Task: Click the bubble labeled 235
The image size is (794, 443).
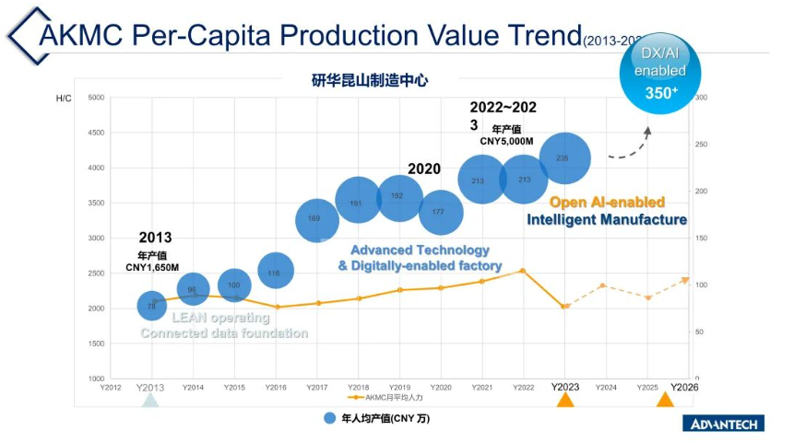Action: [563, 158]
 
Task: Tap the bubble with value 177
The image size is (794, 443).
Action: [440, 212]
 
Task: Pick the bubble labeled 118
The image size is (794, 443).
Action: [275, 271]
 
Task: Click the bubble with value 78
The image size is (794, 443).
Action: [151, 305]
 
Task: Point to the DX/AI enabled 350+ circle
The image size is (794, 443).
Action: [659, 75]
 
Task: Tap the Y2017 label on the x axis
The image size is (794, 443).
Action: [317, 388]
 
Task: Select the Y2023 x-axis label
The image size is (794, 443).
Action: [565, 387]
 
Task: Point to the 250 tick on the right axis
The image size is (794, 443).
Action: [701, 145]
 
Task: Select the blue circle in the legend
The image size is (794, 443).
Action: [329, 418]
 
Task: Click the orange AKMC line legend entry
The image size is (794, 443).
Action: [383, 398]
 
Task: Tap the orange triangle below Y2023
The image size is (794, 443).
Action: [565, 401]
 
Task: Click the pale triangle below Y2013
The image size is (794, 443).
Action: [150, 401]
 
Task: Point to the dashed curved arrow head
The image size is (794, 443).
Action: [647, 131]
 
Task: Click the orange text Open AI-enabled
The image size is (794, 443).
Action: [607, 203]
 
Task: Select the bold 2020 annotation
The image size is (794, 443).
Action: [424, 169]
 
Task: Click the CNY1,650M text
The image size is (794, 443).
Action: [152, 268]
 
